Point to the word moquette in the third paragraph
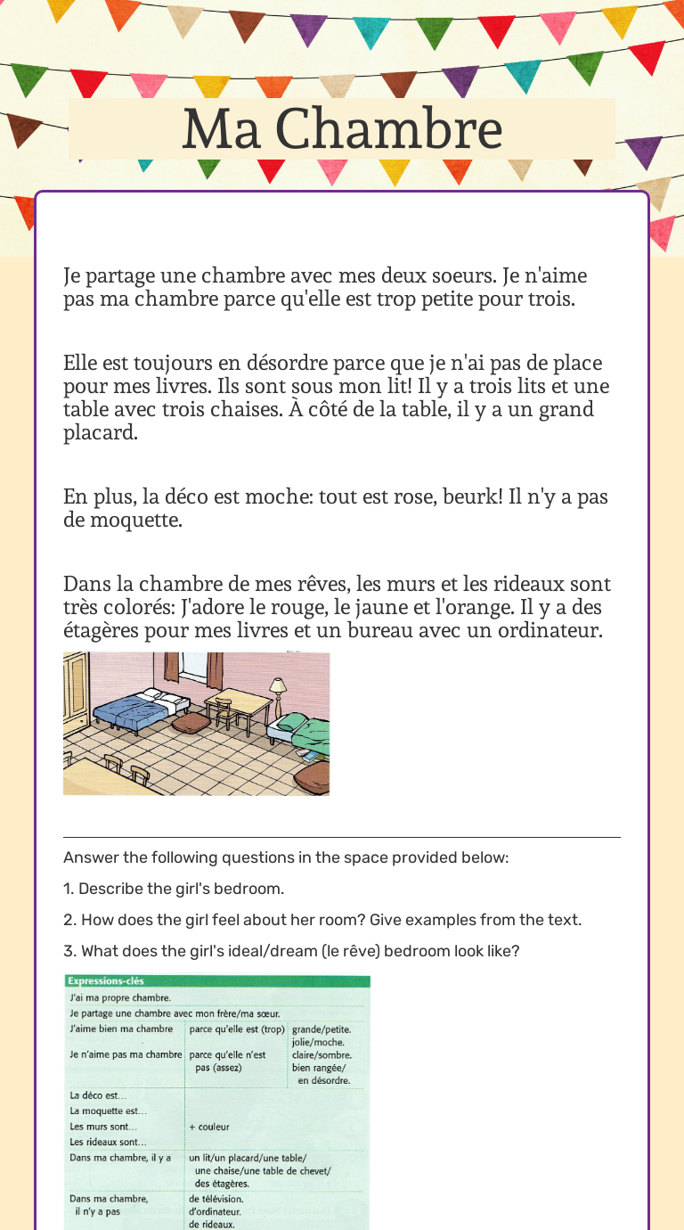tap(135, 521)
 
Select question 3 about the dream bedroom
tap(291, 951)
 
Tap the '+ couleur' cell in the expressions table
tap(210, 1127)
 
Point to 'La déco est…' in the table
tap(98, 1095)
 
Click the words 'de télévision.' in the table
tap(216, 1199)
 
